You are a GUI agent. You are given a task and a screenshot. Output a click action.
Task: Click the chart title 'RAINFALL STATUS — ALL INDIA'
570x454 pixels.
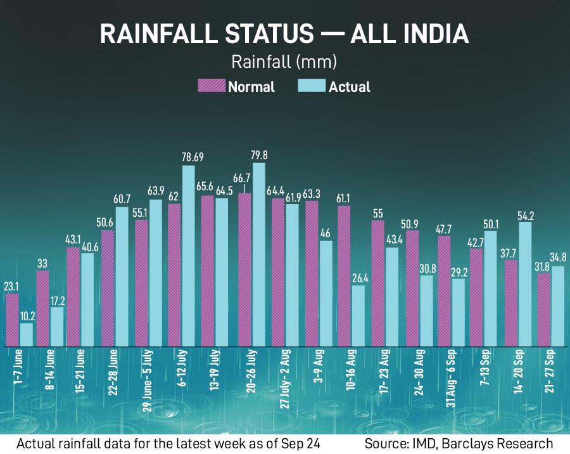[x=284, y=34]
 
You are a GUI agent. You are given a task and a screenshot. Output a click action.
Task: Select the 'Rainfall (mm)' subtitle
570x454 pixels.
[x=284, y=62]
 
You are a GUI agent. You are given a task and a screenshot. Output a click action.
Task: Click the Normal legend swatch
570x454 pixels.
[x=212, y=86]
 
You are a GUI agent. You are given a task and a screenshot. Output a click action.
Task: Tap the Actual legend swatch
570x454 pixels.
[x=312, y=86]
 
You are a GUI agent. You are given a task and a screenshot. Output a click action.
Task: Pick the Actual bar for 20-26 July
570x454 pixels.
[x=258, y=255]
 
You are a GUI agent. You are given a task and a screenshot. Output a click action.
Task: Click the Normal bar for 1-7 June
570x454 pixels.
[x=12, y=320]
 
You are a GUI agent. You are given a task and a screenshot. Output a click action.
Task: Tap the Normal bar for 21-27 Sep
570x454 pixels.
[x=543, y=309]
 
